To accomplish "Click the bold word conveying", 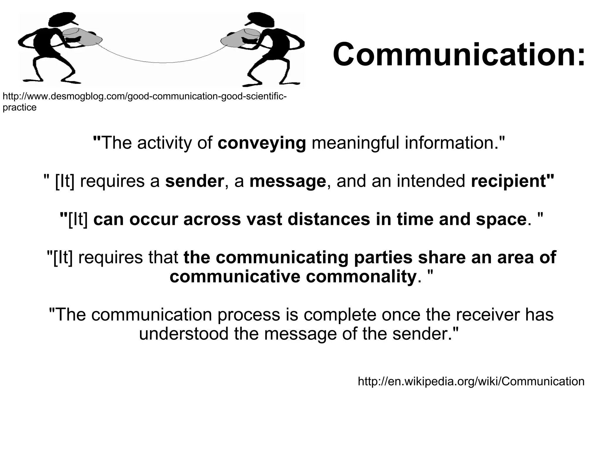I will [x=262, y=143].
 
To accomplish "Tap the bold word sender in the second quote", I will [x=195, y=181].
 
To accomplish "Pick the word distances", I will [x=329, y=220].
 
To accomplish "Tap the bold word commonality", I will [x=361, y=277].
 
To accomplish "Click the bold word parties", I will [x=383, y=258].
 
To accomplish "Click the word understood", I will [x=183, y=334].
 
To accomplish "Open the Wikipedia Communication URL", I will [x=471, y=381].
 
